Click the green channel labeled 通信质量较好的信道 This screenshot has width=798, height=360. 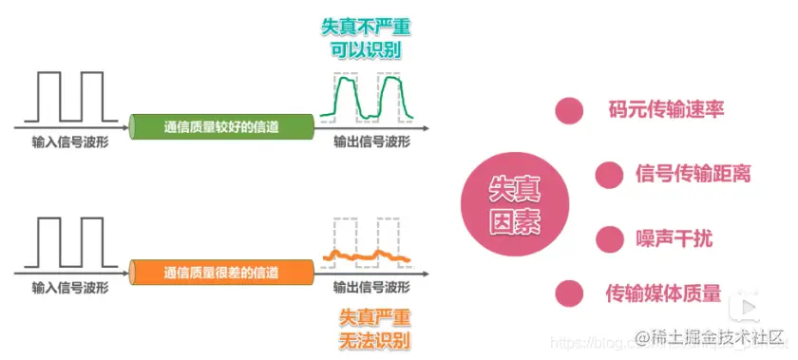(222, 124)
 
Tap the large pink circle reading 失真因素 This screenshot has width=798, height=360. (514, 205)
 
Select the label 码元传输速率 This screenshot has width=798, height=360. (667, 110)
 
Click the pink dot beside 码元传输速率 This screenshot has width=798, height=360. (569, 110)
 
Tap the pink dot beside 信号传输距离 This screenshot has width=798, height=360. (608, 175)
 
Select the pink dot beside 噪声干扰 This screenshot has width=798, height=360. (608, 237)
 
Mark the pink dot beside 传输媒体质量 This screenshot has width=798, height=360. (569, 293)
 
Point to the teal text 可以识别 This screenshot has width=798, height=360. (366, 51)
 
